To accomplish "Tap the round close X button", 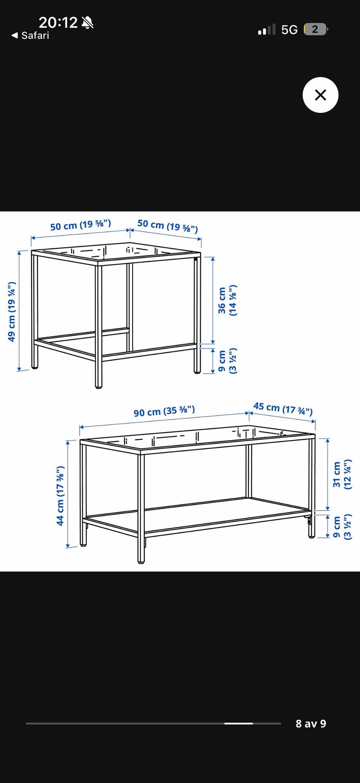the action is [320, 95].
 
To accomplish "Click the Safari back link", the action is [30, 36].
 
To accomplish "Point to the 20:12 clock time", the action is [58, 23].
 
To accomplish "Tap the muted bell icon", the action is [88, 23].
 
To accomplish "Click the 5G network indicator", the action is [289, 30].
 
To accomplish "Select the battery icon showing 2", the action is [316, 29].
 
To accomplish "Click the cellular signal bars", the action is [267, 29].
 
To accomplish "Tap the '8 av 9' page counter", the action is [311, 723].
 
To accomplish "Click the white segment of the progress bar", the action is [238, 723].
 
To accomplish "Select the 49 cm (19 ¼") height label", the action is [12, 311].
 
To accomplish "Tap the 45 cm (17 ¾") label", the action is [283, 409].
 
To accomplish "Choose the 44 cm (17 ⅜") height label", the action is [60, 496].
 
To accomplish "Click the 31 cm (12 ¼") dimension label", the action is [342, 474].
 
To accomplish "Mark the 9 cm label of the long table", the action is [342, 527].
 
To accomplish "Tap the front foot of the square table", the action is [99, 386].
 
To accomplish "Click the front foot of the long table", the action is [141, 561].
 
